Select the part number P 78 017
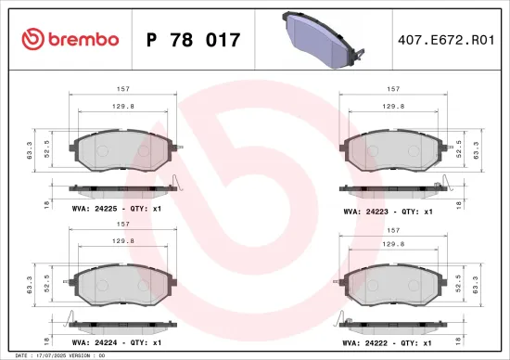point(194,40)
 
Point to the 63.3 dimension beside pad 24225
point(32,150)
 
